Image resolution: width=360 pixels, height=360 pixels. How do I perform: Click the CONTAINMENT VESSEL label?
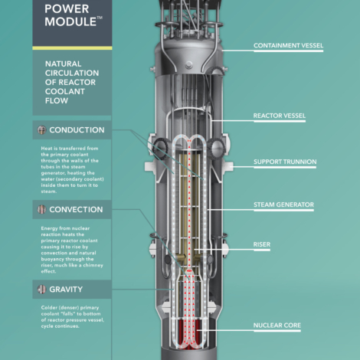[288, 45]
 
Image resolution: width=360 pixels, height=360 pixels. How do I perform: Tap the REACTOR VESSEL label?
[280, 116]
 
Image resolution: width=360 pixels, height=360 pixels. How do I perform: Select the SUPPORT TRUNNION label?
[285, 162]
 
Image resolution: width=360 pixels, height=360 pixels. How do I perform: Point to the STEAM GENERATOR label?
[283, 205]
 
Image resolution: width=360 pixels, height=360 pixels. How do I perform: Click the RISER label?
[262, 244]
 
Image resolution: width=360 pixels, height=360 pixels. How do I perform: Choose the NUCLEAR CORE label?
[277, 326]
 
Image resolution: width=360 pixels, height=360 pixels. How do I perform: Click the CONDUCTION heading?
[77, 130]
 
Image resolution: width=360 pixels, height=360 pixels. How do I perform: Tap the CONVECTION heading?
[76, 210]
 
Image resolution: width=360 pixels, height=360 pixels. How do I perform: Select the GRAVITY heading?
[66, 290]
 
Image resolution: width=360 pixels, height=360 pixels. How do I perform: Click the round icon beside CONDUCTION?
[41, 130]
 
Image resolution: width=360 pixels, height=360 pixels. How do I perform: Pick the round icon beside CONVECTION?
[41, 210]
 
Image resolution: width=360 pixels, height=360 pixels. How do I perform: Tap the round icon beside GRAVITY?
[41, 290]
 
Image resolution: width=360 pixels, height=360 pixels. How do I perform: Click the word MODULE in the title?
[70, 21]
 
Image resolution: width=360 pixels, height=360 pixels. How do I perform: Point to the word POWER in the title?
[67, 9]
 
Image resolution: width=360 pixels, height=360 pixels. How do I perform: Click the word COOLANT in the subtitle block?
[65, 91]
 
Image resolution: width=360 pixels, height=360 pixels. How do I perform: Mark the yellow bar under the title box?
[72, 48]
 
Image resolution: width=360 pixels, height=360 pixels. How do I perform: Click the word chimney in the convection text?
[93, 266]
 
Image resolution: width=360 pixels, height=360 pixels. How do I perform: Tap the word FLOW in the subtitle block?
[57, 100]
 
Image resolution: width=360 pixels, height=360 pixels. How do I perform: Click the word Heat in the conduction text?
[47, 149]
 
